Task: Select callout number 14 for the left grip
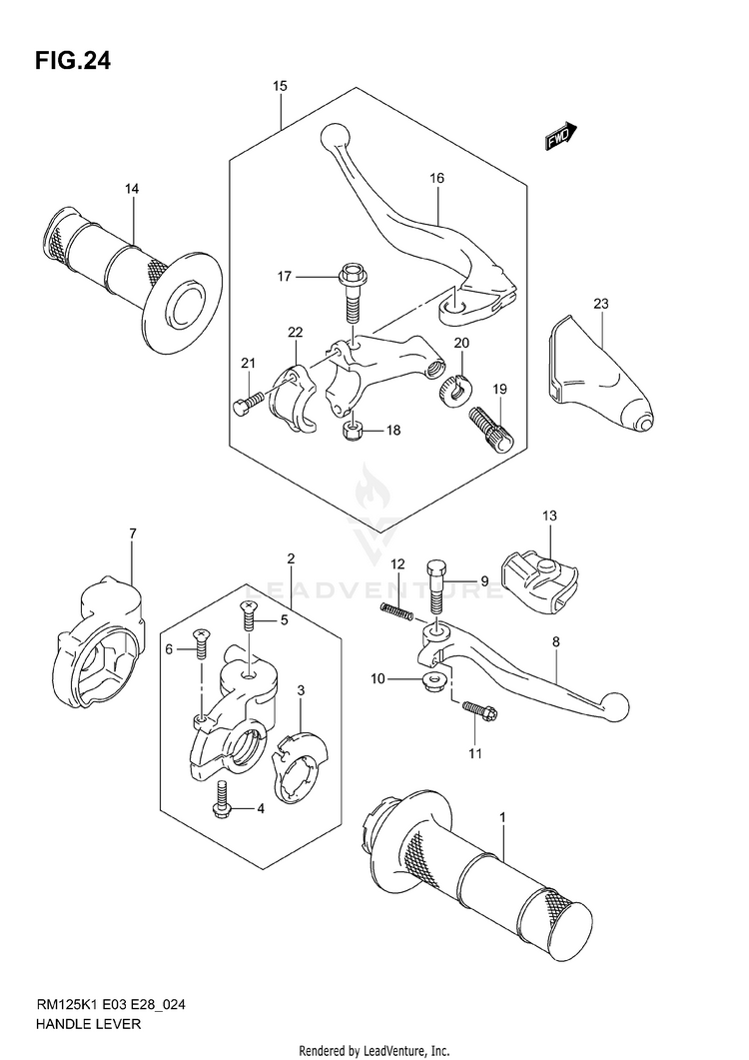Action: pyautogui.click(x=132, y=189)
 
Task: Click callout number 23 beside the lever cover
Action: pyautogui.click(x=600, y=303)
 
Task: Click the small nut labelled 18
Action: pyautogui.click(x=352, y=431)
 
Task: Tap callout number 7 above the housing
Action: pyautogui.click(x=132, y=535)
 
